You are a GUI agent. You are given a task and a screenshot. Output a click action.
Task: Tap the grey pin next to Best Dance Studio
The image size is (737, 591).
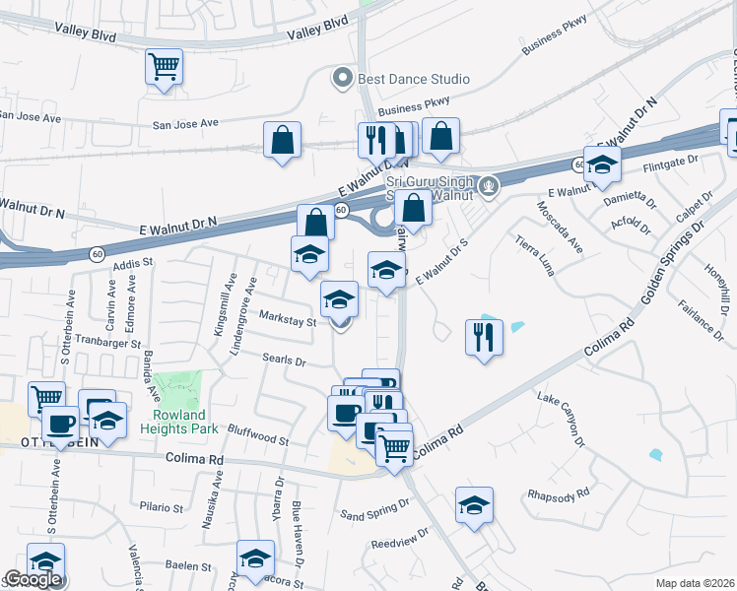pos(343,78)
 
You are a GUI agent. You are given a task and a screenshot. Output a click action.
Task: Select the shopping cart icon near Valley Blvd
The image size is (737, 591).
pos(165,68)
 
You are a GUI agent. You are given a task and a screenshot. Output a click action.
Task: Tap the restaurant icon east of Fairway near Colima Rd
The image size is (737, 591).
pos(484,338)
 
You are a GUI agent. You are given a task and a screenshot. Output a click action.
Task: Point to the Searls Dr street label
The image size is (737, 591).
pos(284,361)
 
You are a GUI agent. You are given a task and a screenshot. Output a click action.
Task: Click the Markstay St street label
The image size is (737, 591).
pos(287,319)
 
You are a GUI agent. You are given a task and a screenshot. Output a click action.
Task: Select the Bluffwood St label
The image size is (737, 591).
pos(257,438)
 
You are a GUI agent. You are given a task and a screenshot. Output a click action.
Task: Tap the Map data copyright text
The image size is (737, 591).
pos(696,583)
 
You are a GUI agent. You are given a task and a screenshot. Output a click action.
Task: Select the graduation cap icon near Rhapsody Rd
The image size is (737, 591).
pos(474,505)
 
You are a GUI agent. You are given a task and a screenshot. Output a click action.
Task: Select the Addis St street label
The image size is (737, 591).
pos(135,264)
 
